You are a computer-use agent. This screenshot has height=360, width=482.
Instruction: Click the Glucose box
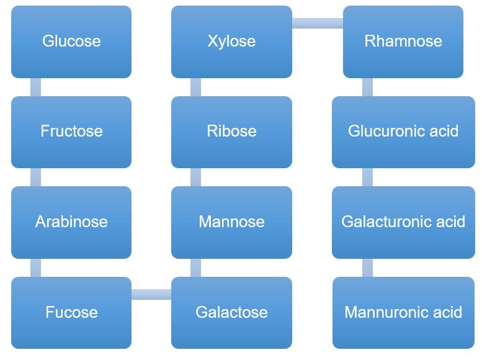[71, 42]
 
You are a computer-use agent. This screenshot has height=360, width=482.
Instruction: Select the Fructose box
[71, 132]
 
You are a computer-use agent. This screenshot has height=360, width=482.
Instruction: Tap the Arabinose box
[71, 222]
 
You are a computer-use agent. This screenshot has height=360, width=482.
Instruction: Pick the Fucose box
[71, 312]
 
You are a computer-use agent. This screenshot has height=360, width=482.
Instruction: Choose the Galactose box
[231, 312]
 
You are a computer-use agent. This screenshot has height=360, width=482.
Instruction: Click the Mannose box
[231, 222]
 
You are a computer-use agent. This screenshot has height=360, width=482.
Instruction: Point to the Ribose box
[231, 132]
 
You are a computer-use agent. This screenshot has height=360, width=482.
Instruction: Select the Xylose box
[231, 42]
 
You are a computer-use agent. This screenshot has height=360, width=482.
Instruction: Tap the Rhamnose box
[403, 42]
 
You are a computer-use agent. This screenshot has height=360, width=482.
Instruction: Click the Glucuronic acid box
[403, 132]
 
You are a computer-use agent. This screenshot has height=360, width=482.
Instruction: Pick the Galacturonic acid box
[403, 222]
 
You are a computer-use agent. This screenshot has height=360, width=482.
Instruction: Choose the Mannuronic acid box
[403, 312]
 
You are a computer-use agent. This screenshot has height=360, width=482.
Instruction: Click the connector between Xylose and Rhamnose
[317, 24]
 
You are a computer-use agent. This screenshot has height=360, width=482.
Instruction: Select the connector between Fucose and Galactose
[151, 294]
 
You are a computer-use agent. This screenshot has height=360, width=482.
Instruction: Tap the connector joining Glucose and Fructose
[36, 87]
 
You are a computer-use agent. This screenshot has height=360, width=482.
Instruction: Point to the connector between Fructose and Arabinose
[36, 177]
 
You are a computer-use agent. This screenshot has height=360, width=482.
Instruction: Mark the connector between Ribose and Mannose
[196, 177]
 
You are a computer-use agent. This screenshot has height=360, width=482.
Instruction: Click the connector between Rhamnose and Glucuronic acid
[368, 87]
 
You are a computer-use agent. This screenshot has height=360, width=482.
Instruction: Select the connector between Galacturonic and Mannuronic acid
[368, 268]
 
